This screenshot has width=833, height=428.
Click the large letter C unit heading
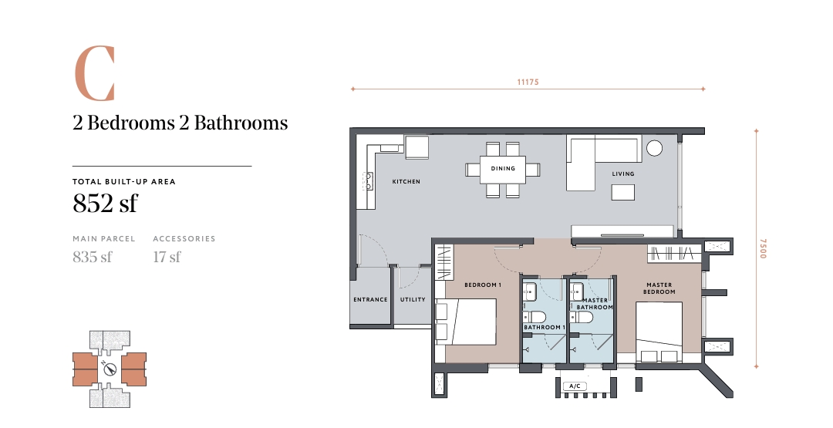[94, 74]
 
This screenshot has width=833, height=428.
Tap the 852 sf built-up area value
[105, 203]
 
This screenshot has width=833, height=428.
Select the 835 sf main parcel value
[93, 257]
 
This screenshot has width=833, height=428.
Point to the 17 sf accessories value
[167, 257]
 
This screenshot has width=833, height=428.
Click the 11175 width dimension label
[528, 82]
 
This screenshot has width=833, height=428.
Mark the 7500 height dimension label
[763, 248]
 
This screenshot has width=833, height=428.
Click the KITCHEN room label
[406, 181]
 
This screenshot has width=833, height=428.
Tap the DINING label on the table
[503, 168]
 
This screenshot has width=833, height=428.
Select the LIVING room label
[623, 174]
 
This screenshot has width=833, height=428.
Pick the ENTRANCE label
[370, 299]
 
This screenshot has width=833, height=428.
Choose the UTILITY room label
[413, 299]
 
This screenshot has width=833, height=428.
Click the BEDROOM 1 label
[483, 285]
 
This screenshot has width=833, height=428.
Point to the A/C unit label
[575, 386]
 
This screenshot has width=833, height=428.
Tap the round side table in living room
[655, 148]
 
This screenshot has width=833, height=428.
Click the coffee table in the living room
[623, 192]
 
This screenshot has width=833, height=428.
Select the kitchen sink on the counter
[367, 181]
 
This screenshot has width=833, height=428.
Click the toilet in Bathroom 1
[535, 317]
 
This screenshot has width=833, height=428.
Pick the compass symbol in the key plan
[110, 369]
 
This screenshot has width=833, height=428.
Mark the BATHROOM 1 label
[545, 328]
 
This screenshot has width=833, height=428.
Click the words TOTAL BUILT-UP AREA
[123, 181]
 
